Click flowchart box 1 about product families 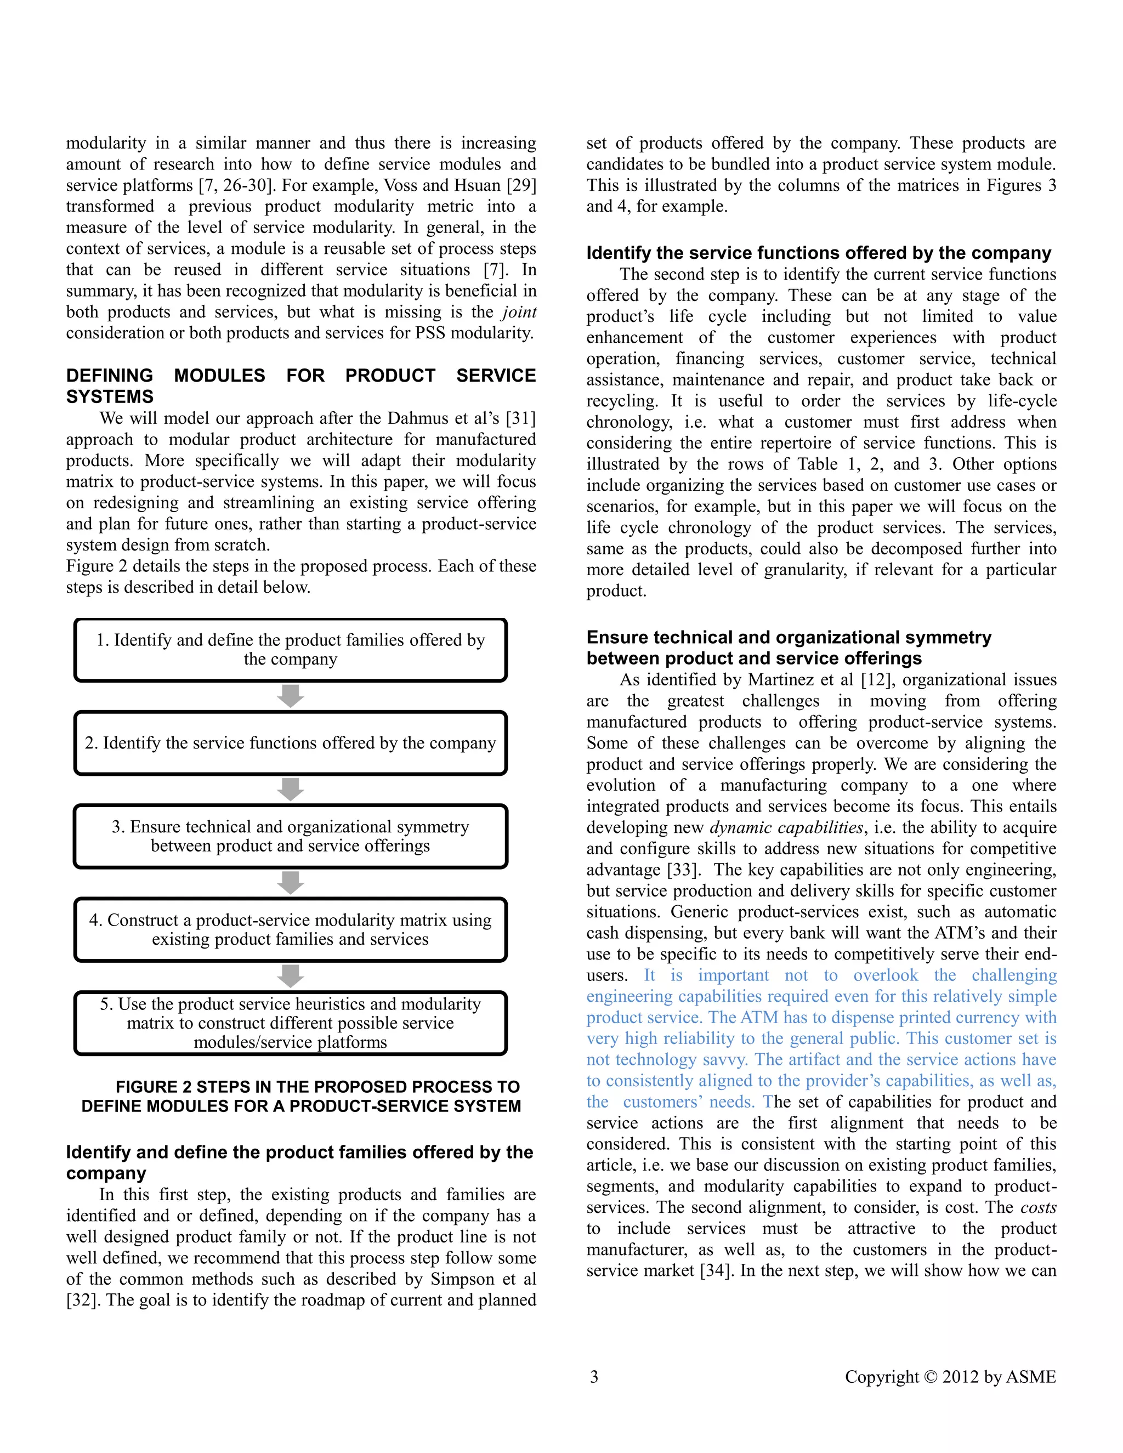290,649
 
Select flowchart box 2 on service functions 290,742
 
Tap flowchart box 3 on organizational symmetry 290,836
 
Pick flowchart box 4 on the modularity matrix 290,929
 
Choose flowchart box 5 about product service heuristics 290,1023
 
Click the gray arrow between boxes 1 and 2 290,696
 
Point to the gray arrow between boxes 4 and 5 290,976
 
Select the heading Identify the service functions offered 818,253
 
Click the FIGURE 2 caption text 300,1097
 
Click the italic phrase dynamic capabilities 786,827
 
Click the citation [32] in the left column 82,1300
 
